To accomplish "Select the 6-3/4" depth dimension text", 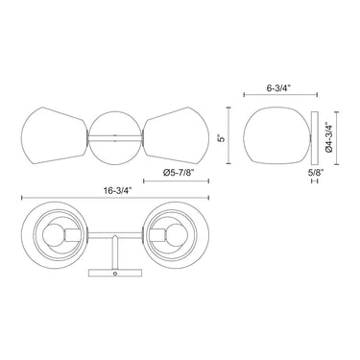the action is [x=278, y=88].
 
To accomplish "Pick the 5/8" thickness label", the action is [x=316, y=173].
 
